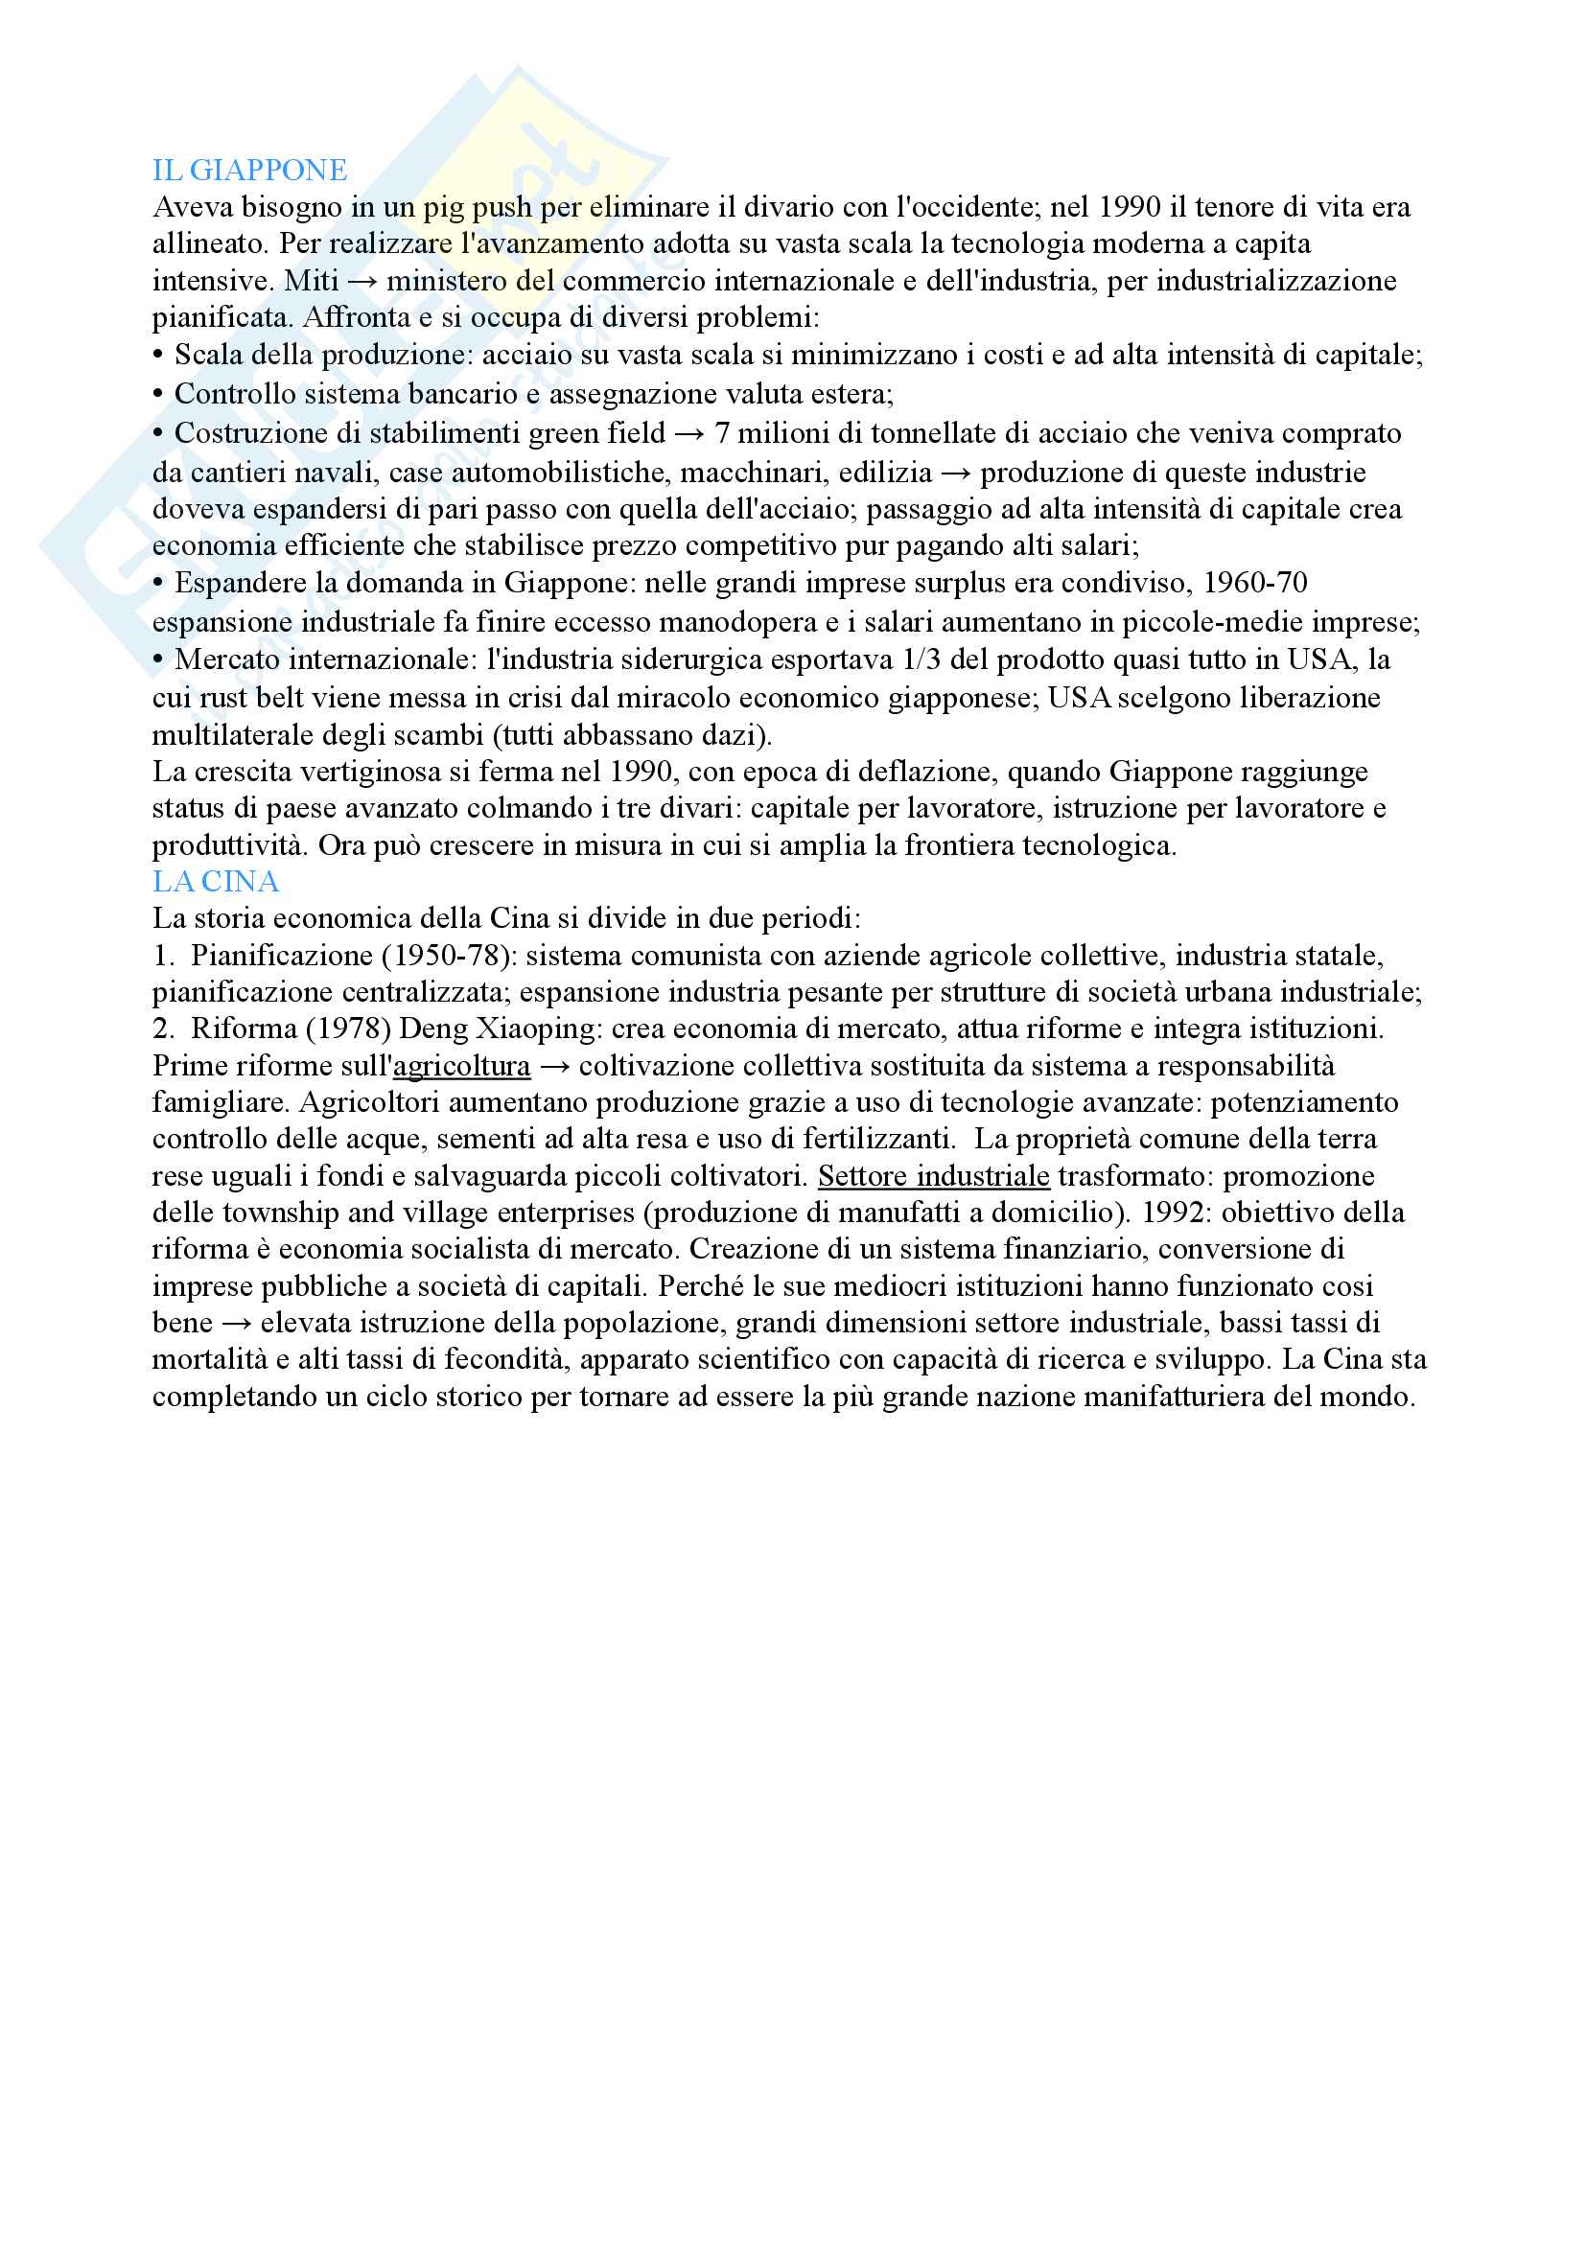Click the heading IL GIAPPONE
tap(249, 171)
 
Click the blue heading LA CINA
tap(215, 882)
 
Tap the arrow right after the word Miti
tap(362, 281)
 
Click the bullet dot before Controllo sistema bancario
tap(158, 394)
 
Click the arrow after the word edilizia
tap(956, 474)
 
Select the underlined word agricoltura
tap(462, 1065)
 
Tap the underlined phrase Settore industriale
tap(934, 1176)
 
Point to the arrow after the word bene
tap(236, 1323)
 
